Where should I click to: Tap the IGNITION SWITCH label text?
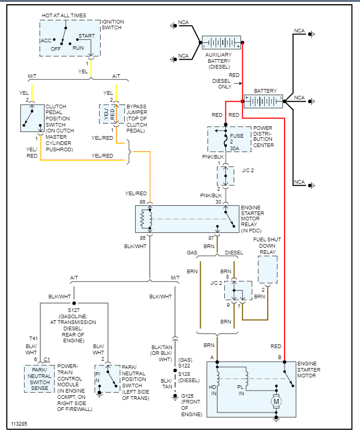click(113, 25)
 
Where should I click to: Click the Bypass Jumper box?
click(111, 114)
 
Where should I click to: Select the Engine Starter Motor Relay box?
click(187, 219)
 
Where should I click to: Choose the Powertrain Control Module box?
click(39, 379)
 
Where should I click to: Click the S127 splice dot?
click(74, 303)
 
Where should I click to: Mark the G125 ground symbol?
click(176, 397)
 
